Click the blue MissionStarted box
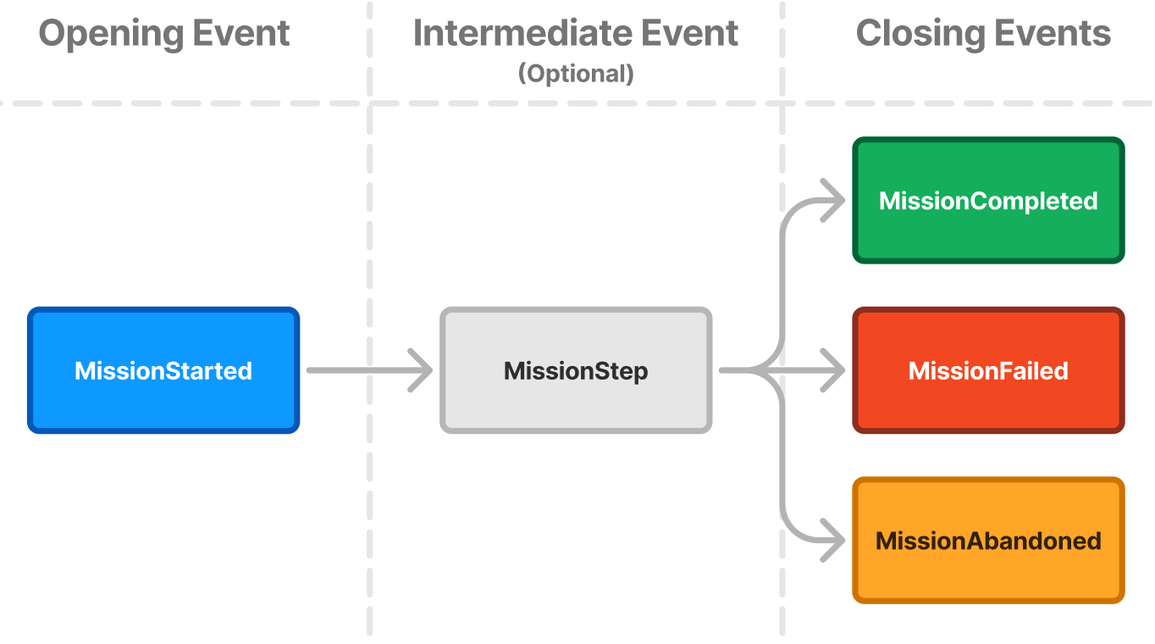[x=163, y=370]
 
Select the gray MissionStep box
[x=576, y=370]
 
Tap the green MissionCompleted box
[x=988, y=200]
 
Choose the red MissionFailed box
[x=988, y=370]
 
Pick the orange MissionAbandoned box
[x=988, y=541]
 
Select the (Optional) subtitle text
[x=576, y=74]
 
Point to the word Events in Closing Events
[x=1053, y=33]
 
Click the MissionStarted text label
[x=163, y=370]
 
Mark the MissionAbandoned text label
[x=988, y=541]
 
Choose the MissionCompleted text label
[x=988, y=202]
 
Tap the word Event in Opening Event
[x=241, y=33]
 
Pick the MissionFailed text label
[x=988, y=370]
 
